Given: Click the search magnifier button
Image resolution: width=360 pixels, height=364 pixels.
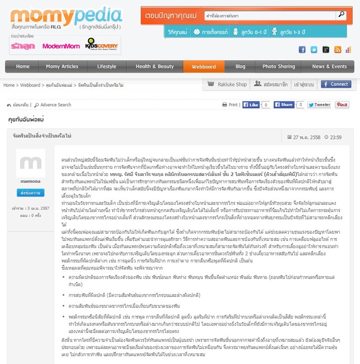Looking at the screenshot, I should click(341, 15).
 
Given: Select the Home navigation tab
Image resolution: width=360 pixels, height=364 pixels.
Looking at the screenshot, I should click(23, 67).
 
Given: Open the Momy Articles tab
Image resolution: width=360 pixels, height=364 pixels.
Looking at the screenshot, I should click(62, 67).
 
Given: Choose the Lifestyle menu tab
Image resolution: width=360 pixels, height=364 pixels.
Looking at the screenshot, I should click(107, 67).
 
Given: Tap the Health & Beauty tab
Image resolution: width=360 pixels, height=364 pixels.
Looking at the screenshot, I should click(154, 67).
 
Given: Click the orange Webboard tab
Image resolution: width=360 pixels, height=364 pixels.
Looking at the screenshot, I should click(204, 67).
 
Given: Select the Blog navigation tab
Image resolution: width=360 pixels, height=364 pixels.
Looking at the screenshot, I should click(240, 67).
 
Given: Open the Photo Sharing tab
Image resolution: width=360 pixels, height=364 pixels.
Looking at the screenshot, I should click(279, 67).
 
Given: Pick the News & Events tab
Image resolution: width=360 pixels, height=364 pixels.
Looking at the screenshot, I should click(329, 67).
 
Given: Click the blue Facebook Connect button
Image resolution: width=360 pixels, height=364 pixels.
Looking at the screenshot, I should click(336, 84).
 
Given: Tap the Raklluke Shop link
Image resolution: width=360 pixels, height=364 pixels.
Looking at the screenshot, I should click(227, 85).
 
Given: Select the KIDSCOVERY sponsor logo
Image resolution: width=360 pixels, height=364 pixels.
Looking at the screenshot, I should click(102, 45).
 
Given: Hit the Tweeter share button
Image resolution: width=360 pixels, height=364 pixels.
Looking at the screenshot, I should click(319, 105).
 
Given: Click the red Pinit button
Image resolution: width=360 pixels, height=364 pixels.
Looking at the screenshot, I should click(342, 105).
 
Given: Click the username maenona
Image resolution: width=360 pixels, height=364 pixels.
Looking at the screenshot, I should click(30, 181).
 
